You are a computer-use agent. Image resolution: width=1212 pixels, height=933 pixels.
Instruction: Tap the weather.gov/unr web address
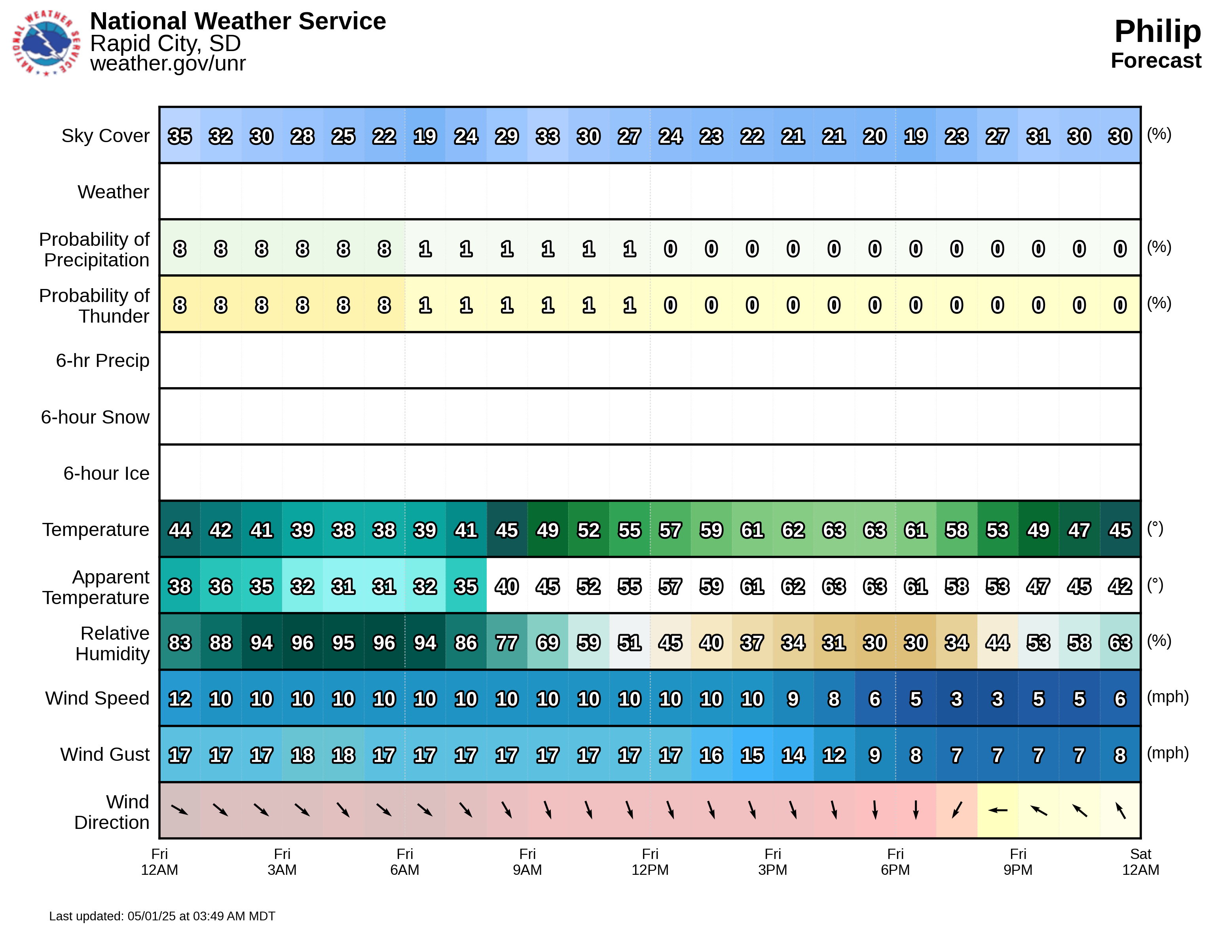pos(168,63)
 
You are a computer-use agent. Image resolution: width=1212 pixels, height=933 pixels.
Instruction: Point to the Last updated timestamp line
pos(162,916)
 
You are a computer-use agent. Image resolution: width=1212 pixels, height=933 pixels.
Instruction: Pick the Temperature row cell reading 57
pos(670,530)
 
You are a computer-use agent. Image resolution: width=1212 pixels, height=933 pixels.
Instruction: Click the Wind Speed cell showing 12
pos(180,699)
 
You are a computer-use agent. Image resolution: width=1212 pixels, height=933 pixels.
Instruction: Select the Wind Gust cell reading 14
pos(793,755)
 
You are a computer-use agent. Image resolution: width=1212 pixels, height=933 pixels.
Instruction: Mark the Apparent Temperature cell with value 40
pos(506,587)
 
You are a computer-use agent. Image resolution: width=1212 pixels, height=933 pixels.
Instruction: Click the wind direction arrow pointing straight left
pos(997,810)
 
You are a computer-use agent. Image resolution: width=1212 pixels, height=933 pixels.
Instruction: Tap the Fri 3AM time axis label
pos(282,861)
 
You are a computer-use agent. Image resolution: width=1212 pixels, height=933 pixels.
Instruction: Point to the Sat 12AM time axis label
pos(1140,861)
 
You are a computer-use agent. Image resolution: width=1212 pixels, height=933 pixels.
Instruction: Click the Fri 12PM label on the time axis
pos(650,861)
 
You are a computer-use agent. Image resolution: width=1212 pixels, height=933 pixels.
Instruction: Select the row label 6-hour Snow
pos(95,417)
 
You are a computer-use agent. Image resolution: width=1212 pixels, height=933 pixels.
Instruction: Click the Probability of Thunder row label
pos(94,305)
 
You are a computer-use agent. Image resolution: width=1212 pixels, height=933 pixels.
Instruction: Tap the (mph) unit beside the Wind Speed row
pos(1168,697)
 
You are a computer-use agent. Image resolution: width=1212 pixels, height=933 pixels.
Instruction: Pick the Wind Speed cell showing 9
pos(793,699)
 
